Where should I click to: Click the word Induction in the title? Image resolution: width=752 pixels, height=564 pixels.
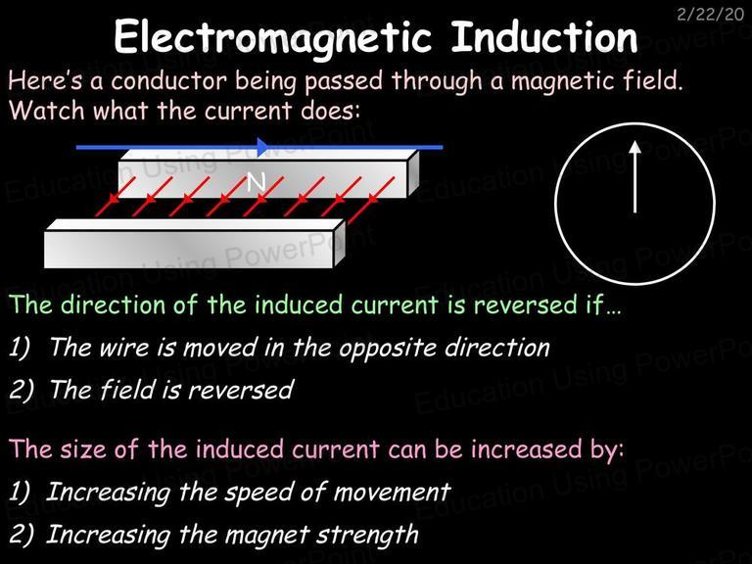[x=544, y=36]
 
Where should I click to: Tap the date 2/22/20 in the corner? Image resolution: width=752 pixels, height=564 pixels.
[x=710, y=15]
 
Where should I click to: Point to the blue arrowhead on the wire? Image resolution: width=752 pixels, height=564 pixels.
[x=264, y=147]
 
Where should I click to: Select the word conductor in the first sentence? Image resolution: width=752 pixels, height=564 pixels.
[x=168, y=80]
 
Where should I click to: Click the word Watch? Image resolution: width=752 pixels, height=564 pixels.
[x=47, y=111]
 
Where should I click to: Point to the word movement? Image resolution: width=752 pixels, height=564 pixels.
[x=392, y=493]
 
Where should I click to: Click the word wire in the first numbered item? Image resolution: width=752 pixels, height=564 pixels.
[x=123, y=347]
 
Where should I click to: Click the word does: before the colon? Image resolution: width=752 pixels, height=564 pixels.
[x=330, y=111]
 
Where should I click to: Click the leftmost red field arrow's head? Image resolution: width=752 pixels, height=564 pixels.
[x=113, y=199]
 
